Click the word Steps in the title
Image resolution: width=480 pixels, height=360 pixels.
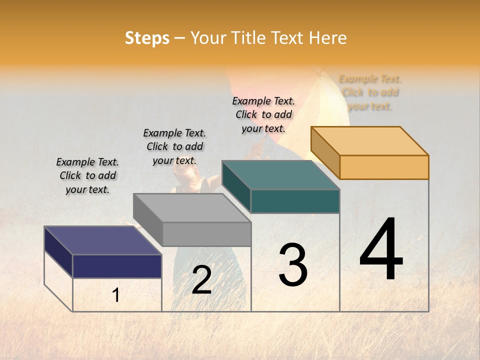coord(147,38)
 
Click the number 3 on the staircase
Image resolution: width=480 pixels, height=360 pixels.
coord(292,265)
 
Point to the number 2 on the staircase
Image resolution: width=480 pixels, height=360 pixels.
coord(201,280)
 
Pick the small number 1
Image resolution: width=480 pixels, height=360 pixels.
coord(116,295)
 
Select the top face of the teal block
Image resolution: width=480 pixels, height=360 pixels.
coord(280,175)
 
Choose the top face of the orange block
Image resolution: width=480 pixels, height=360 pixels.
coord(370,141)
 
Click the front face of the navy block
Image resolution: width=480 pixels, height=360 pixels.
coord(117,266)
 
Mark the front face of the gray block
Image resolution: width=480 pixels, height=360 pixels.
coord(206,234)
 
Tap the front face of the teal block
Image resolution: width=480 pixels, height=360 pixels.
coord(295,201)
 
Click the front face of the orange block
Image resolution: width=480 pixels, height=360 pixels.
coord(384,167)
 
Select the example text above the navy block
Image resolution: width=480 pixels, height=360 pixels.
coord(87,175)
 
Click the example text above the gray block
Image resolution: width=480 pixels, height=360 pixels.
coord(174,146)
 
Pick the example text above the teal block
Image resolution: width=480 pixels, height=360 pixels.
coord(263,114)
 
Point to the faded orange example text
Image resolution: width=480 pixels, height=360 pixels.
coord(370,92)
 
